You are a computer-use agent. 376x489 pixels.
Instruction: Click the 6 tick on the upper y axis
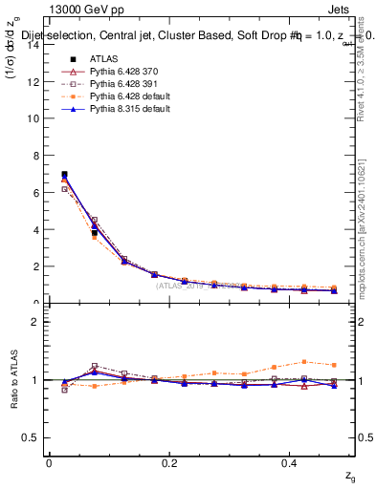click(x=35, y=193)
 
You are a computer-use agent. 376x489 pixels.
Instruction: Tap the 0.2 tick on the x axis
click(x=170, y=463)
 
